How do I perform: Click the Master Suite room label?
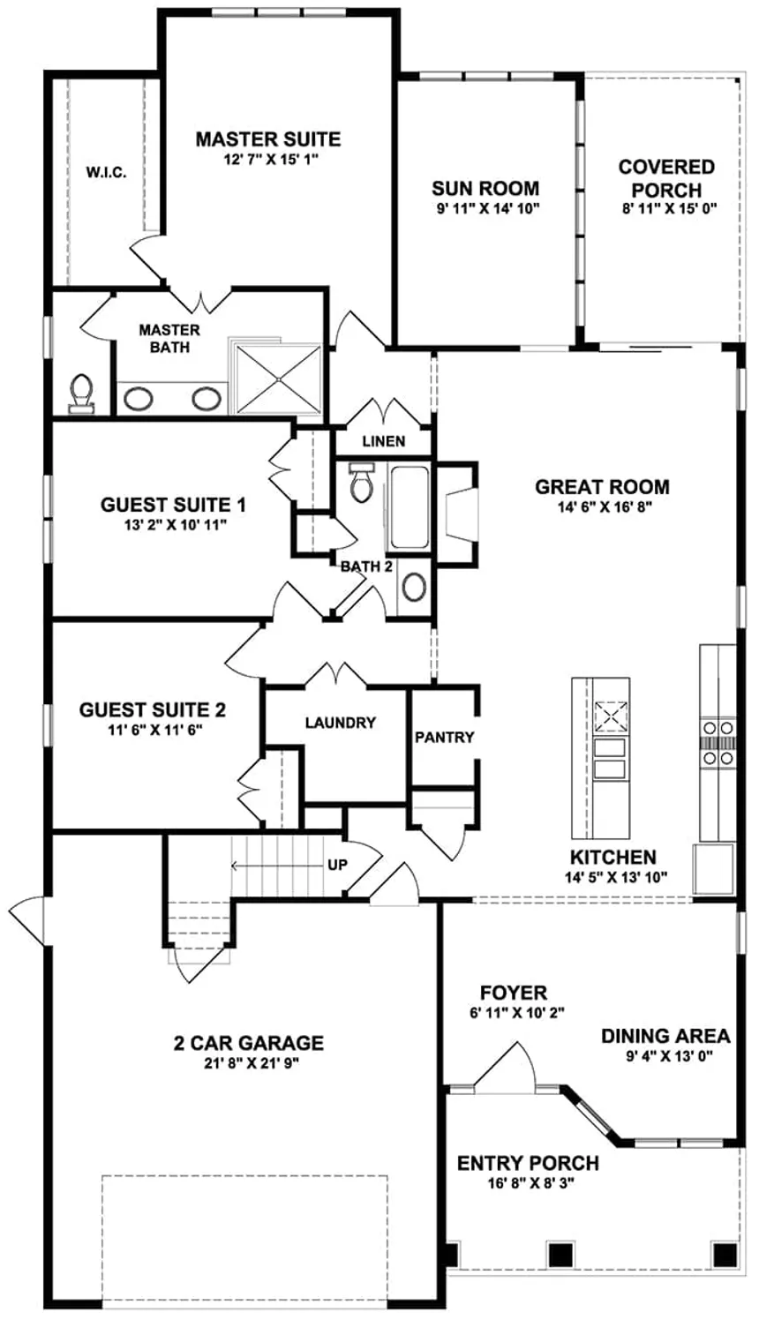pyautogui.click(x=268, y=139)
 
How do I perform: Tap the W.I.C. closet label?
pyautogui.click(x=106, y=173)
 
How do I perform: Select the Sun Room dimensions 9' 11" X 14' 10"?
pyautogui.click(x=488, y=208)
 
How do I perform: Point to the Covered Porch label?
pyautogui.click(x=666, y=178)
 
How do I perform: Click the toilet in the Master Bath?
pyautogui.click(x=81, y=393)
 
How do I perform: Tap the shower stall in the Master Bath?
pyautogui.click(x=279, y=379)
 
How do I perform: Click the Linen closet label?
pyautogui.click(x=384, y=441)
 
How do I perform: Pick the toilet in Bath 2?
pyautogui.click(x=360, y=483)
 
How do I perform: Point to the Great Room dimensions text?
pyautogui.click(x=605, y=506)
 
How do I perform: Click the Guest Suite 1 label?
pyautogui.click(x=173, y=505)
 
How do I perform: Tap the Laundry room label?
pyautogui.click(x=340, y=723)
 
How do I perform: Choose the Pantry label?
pyautogui.click(x=444, y=737)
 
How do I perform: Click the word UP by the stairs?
pyautogui.click(x=338, y=865)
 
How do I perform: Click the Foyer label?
pyautogui.click(x=514, y=993)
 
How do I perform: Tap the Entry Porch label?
pyautogui.click(x=528, y=1163)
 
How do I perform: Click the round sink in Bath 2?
pyautogui.click(x=415, y=587)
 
